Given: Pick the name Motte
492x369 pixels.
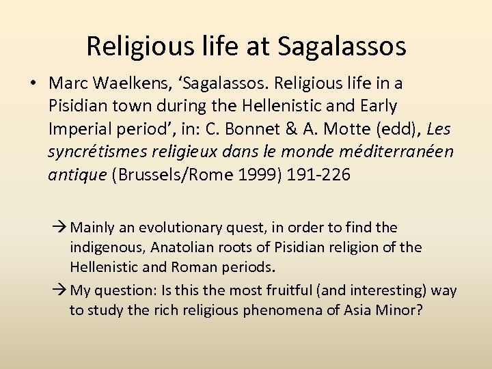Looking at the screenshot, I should click(339, 128).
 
